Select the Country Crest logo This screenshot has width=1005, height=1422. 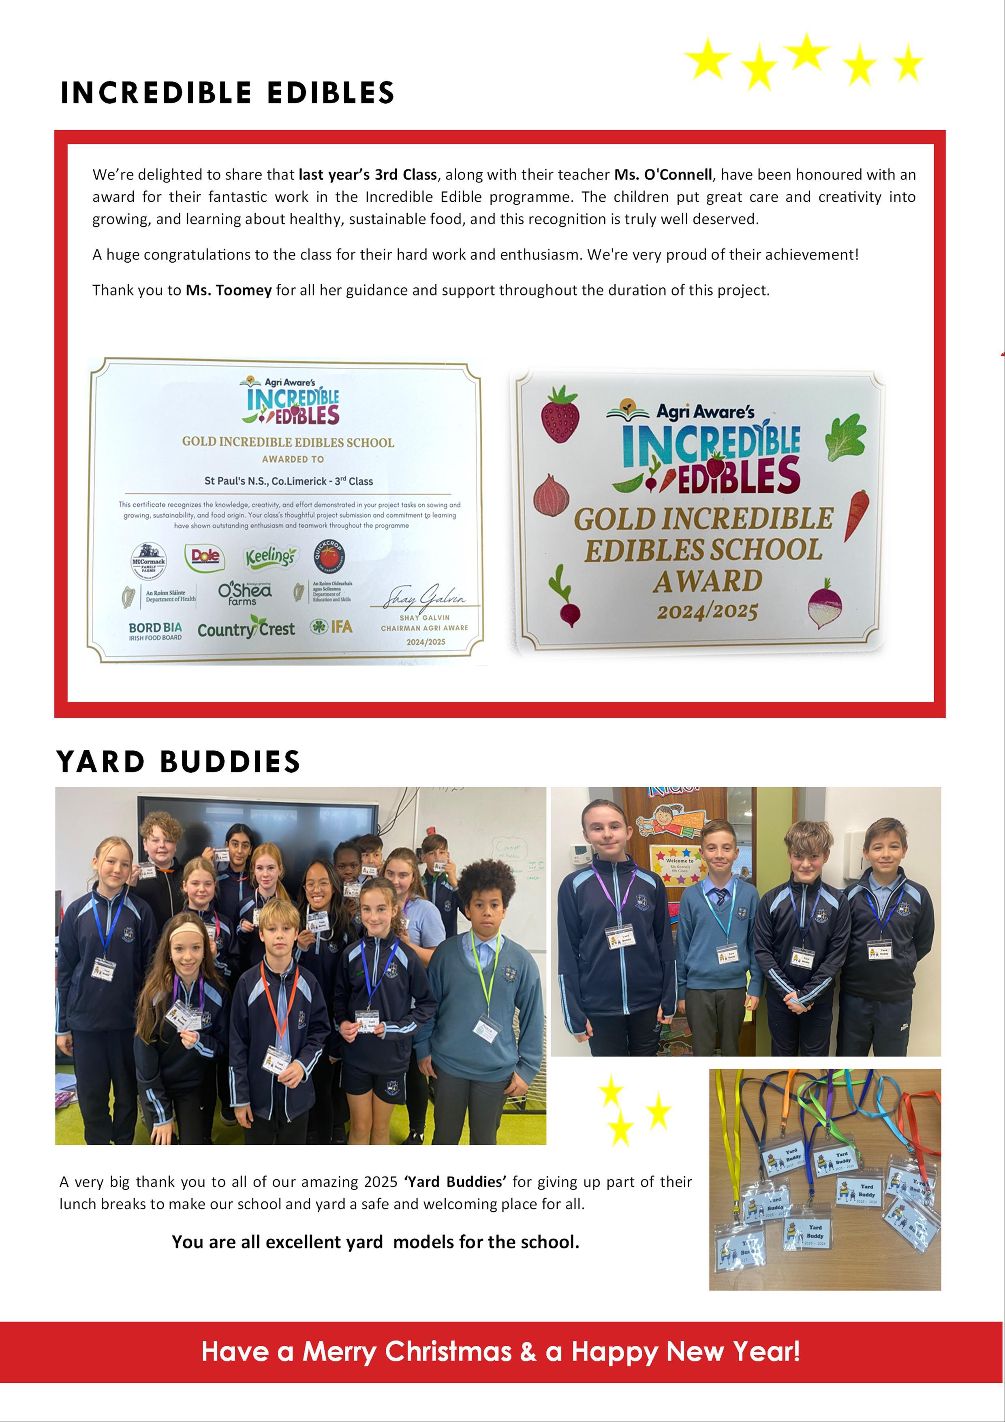click(x=246, y=629)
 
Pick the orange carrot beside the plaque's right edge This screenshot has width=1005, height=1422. click(x=857, y=514)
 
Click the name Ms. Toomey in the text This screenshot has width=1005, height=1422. click(x=229, y=291)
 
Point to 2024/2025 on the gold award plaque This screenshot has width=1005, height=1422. click(x=707, y=612)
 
